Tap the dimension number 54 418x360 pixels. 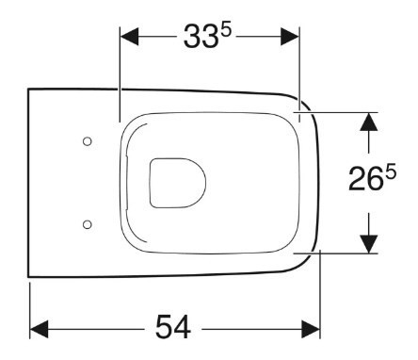[x=173, y=327]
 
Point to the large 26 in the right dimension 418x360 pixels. [x=366, y=179]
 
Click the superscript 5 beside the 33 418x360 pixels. [x=225, y=31]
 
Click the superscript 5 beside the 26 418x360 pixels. [x=391, y=173]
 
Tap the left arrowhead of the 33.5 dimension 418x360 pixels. [x=129, y=37]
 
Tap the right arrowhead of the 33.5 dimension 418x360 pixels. [x=290, y=37]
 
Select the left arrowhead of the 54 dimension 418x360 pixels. [x=39, y=329]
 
